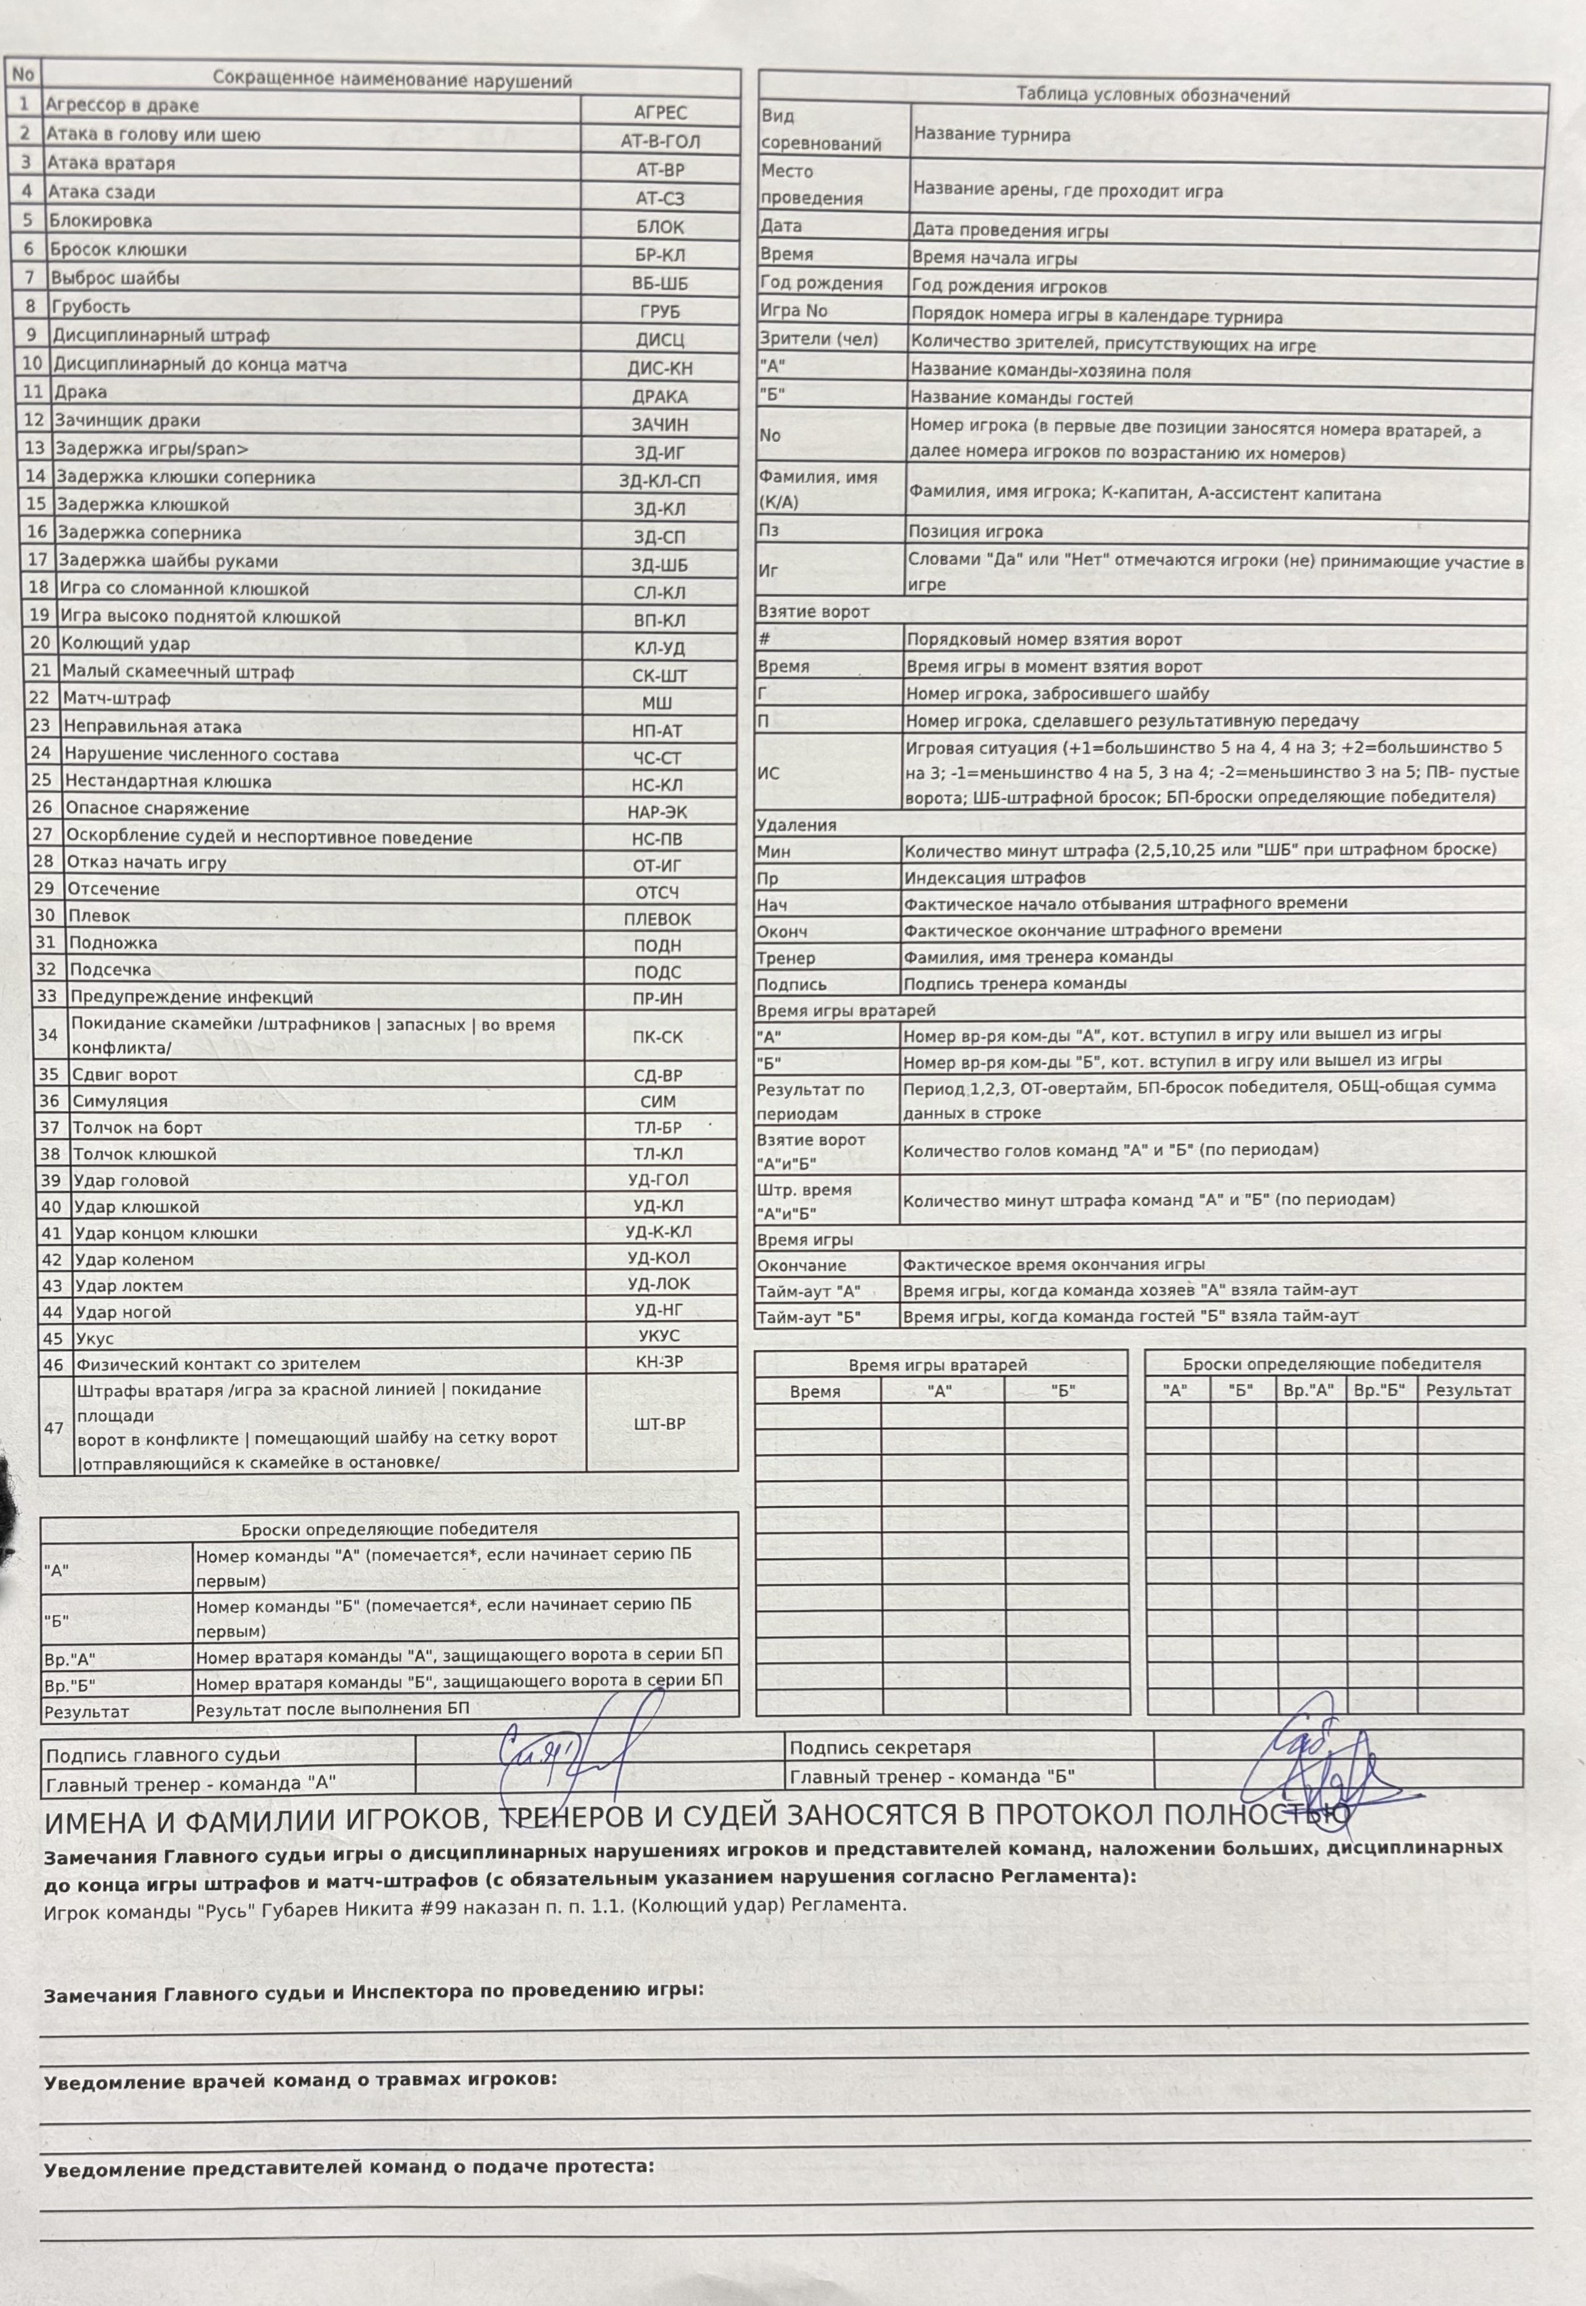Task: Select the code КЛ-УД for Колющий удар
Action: tap(660, 648)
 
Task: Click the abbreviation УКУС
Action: tap(659, 1336)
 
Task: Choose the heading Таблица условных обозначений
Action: tap(1152, 96)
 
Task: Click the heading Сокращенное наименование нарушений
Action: tap(393, 81)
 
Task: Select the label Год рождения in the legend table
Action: tap(821, 283)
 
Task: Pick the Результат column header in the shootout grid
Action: tap(1468, 1391)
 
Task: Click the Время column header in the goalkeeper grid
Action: tap(815, 1391)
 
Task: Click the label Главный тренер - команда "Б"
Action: tap(931, 1776)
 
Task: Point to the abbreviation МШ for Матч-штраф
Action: tap(658, 702)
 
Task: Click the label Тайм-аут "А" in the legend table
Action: tap(808, 1292)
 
